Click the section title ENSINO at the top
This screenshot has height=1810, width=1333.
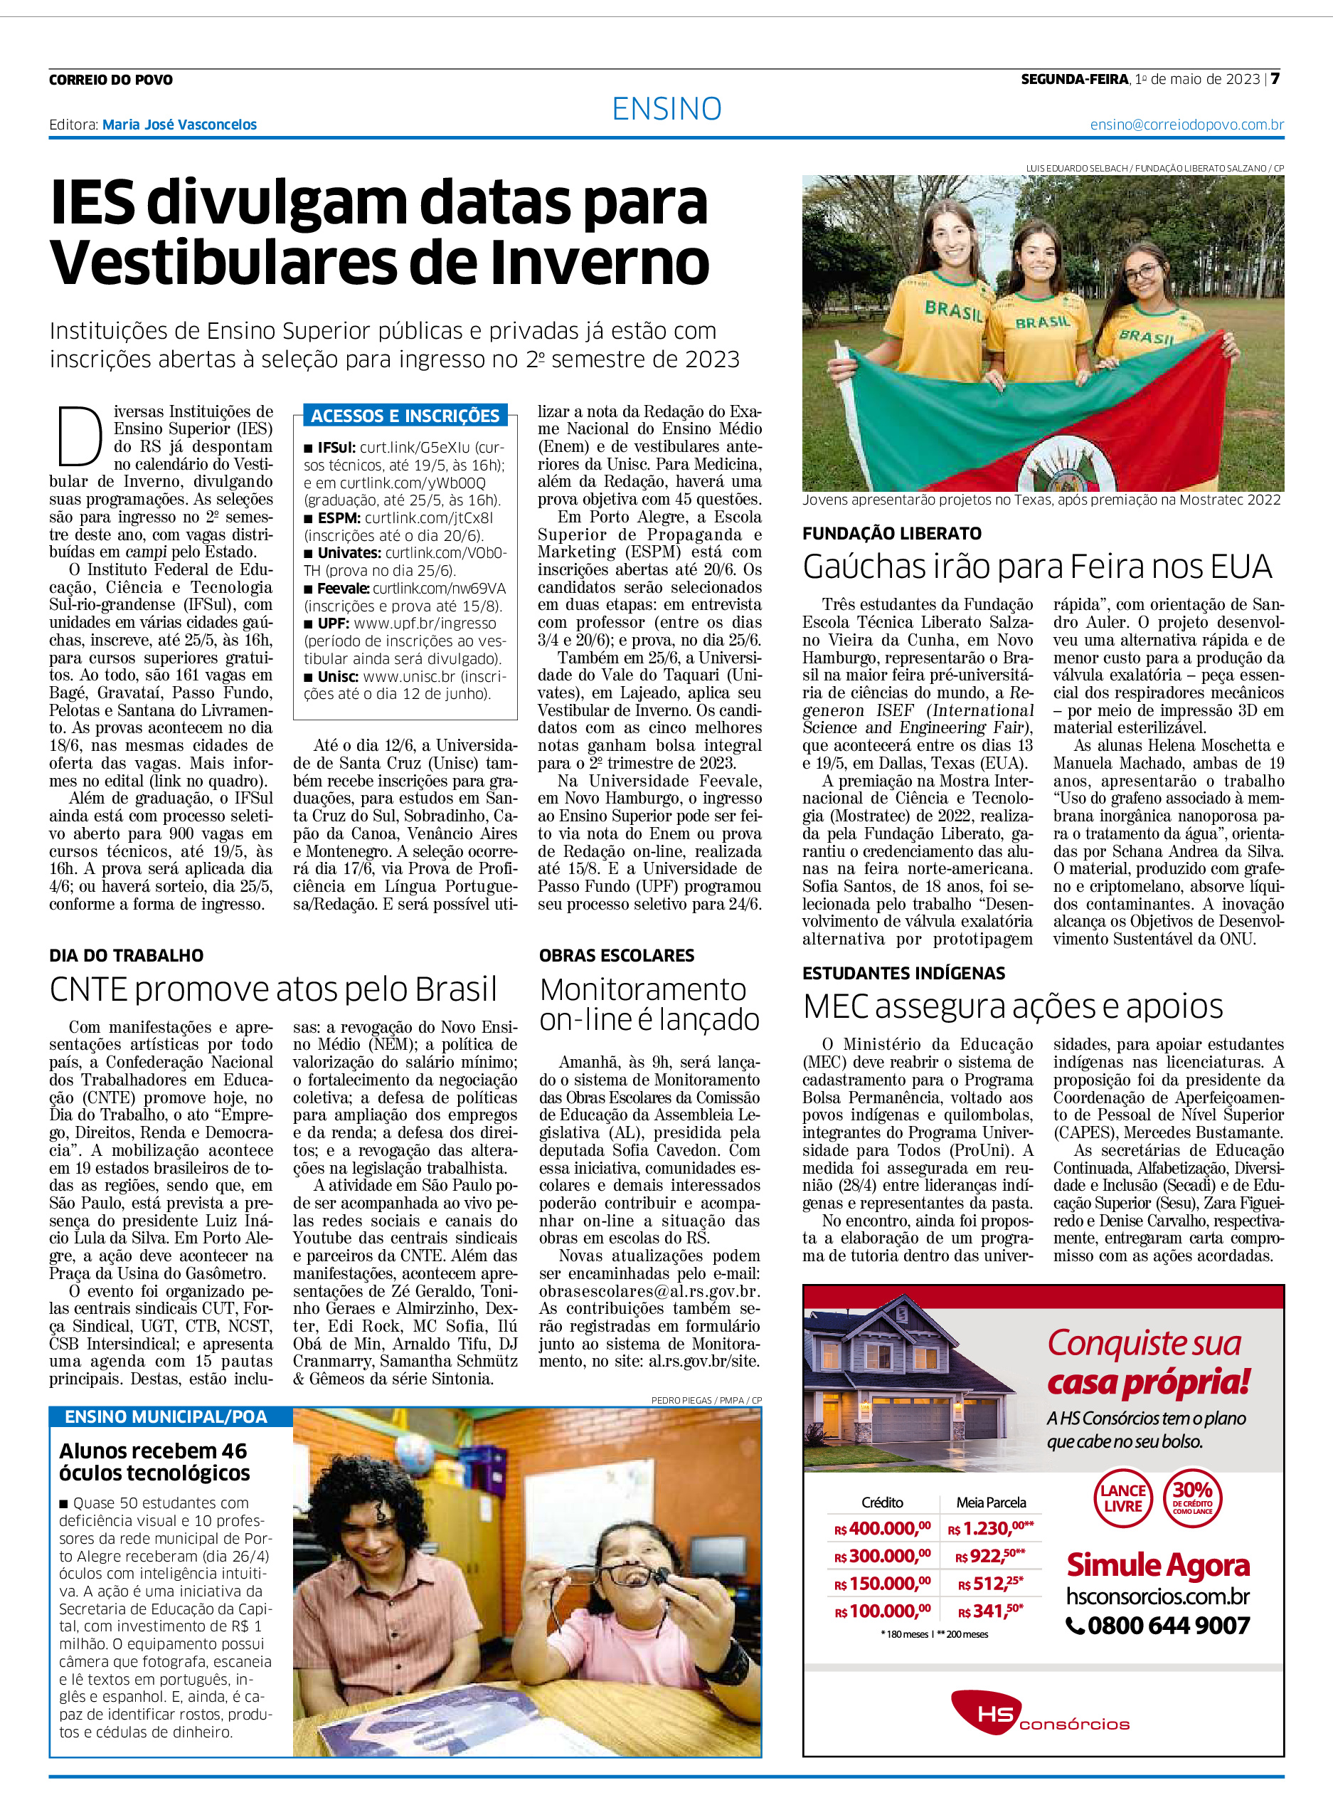666,109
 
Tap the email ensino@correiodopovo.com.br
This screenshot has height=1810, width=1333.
1186,125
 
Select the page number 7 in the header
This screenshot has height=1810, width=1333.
1275,79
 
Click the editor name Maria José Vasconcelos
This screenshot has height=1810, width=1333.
179,125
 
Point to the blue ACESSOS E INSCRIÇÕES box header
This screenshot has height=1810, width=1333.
405,416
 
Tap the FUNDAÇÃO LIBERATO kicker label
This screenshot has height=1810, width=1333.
891,533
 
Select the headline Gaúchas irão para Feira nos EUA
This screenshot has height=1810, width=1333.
1037,567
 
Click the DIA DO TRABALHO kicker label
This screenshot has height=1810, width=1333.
126,955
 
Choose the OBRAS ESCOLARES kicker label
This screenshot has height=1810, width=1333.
617,955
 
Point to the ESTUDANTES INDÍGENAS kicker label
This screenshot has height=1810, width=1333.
904,973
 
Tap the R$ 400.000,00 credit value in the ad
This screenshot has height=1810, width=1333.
882,1528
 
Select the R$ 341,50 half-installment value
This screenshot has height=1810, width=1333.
990,1611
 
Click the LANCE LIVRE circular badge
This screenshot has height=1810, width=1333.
1122,1498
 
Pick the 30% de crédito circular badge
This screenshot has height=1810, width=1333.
1193,1498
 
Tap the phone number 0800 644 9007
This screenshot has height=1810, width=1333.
1159,1625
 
